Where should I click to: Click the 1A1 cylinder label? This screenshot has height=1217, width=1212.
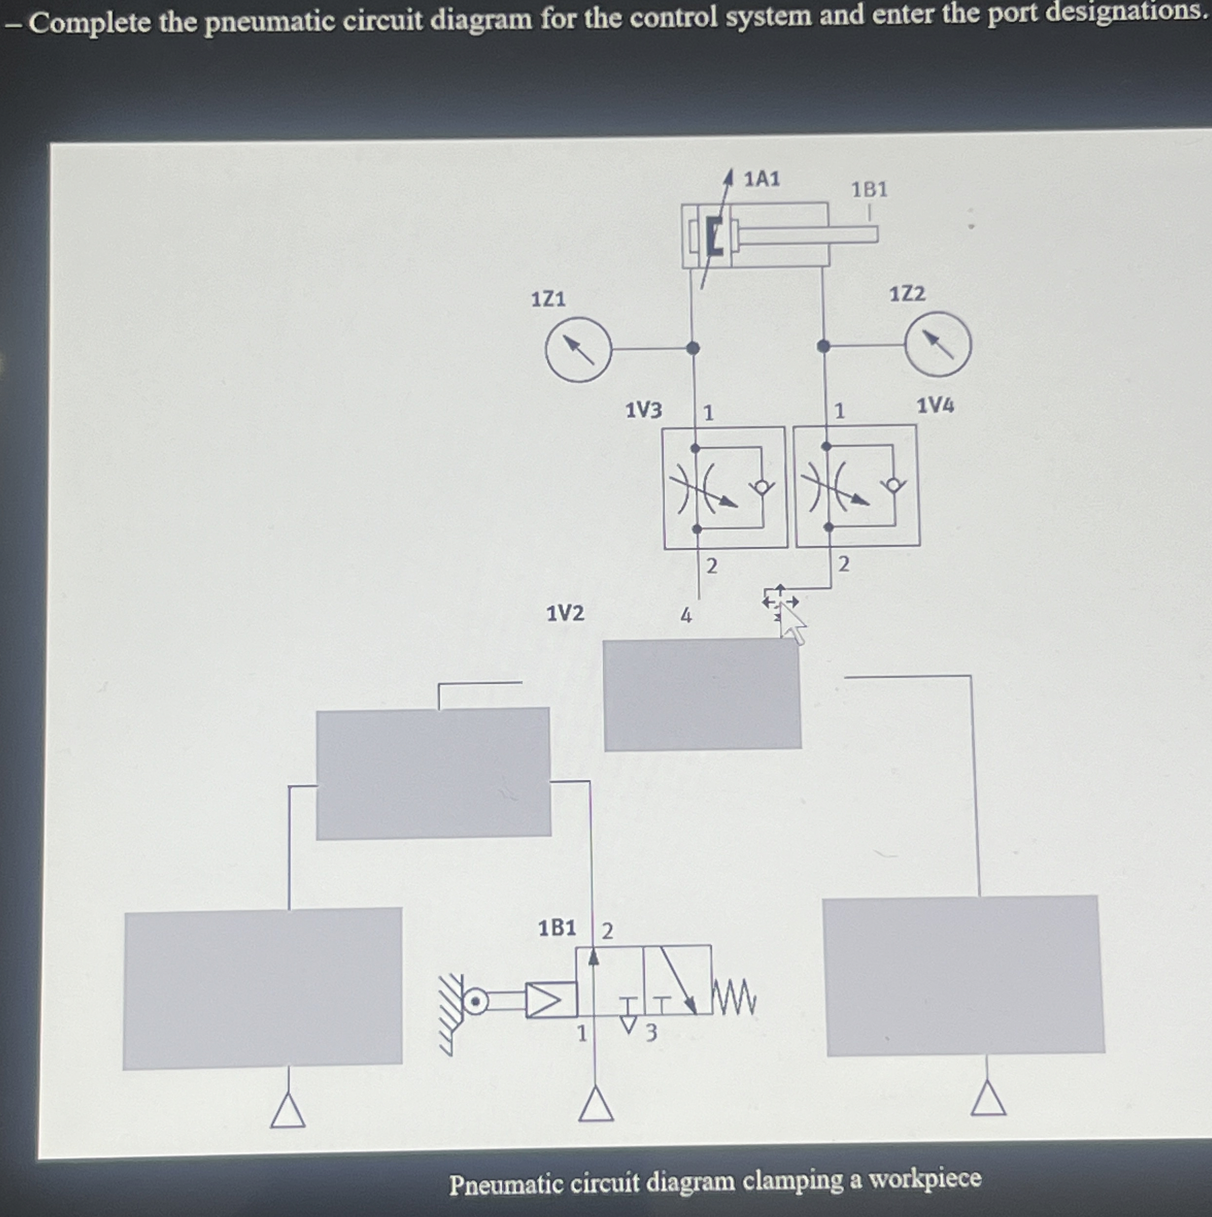point(762,179)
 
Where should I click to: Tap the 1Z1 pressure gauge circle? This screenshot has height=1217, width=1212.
point(578,350)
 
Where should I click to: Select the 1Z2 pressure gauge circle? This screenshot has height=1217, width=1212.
point(938,344)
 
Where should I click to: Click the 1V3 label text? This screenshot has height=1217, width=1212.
point(643,411)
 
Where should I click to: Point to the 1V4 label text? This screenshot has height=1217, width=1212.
point(935,405)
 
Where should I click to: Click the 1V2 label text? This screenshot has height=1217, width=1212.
point(565,613)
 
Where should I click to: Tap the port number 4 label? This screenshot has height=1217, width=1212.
point(686,616)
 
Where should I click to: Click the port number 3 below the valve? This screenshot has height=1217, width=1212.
point(651,1032)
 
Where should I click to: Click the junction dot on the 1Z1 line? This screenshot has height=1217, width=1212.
point(693,348)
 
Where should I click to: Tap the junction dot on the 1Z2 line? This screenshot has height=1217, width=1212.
point(823,346)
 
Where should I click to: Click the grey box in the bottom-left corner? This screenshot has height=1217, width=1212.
point(263,988)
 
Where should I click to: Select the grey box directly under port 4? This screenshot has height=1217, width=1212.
point(702,695)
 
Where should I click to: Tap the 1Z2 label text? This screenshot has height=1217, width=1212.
point(907,294)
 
